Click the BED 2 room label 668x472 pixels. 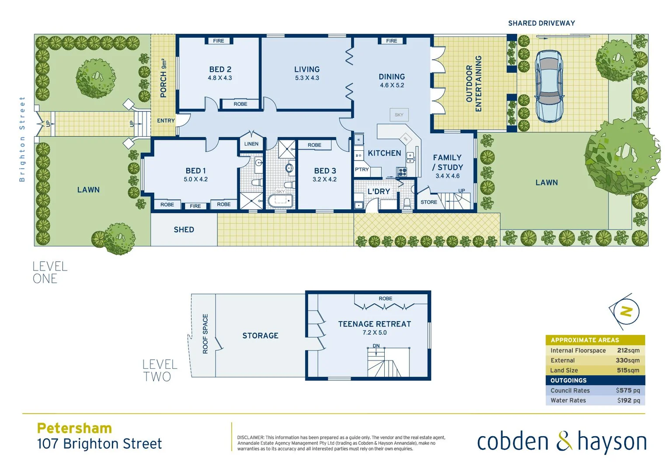click(x=220, y=69)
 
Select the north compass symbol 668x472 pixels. click(x=626, y=312)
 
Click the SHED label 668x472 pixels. click(x=184, y=229)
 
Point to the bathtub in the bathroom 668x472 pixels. click(x=280, y=201)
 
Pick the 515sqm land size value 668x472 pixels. click(x=628, y=370)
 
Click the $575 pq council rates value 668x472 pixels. click(x=628, y=390)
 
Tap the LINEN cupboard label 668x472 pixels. click(x=251, y=144)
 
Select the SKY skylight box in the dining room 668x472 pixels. click(x=399, y=115)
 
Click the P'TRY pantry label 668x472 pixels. click(x=362, y=170)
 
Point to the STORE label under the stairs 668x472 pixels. click(x=428, y=202)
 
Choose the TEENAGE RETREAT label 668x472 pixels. click(x=374, y=324)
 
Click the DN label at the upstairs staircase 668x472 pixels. click(x=376, y=346)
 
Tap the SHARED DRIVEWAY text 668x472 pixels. click(x=541, y=23)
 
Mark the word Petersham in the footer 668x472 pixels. click(x=74, y=428)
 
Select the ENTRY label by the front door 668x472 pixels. click(x=166, y=121)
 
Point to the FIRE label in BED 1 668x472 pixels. click(x=195, y=206)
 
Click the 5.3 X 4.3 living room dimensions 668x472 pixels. click(x=307, y=78)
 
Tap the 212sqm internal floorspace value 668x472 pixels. click(x=628, y=351)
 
